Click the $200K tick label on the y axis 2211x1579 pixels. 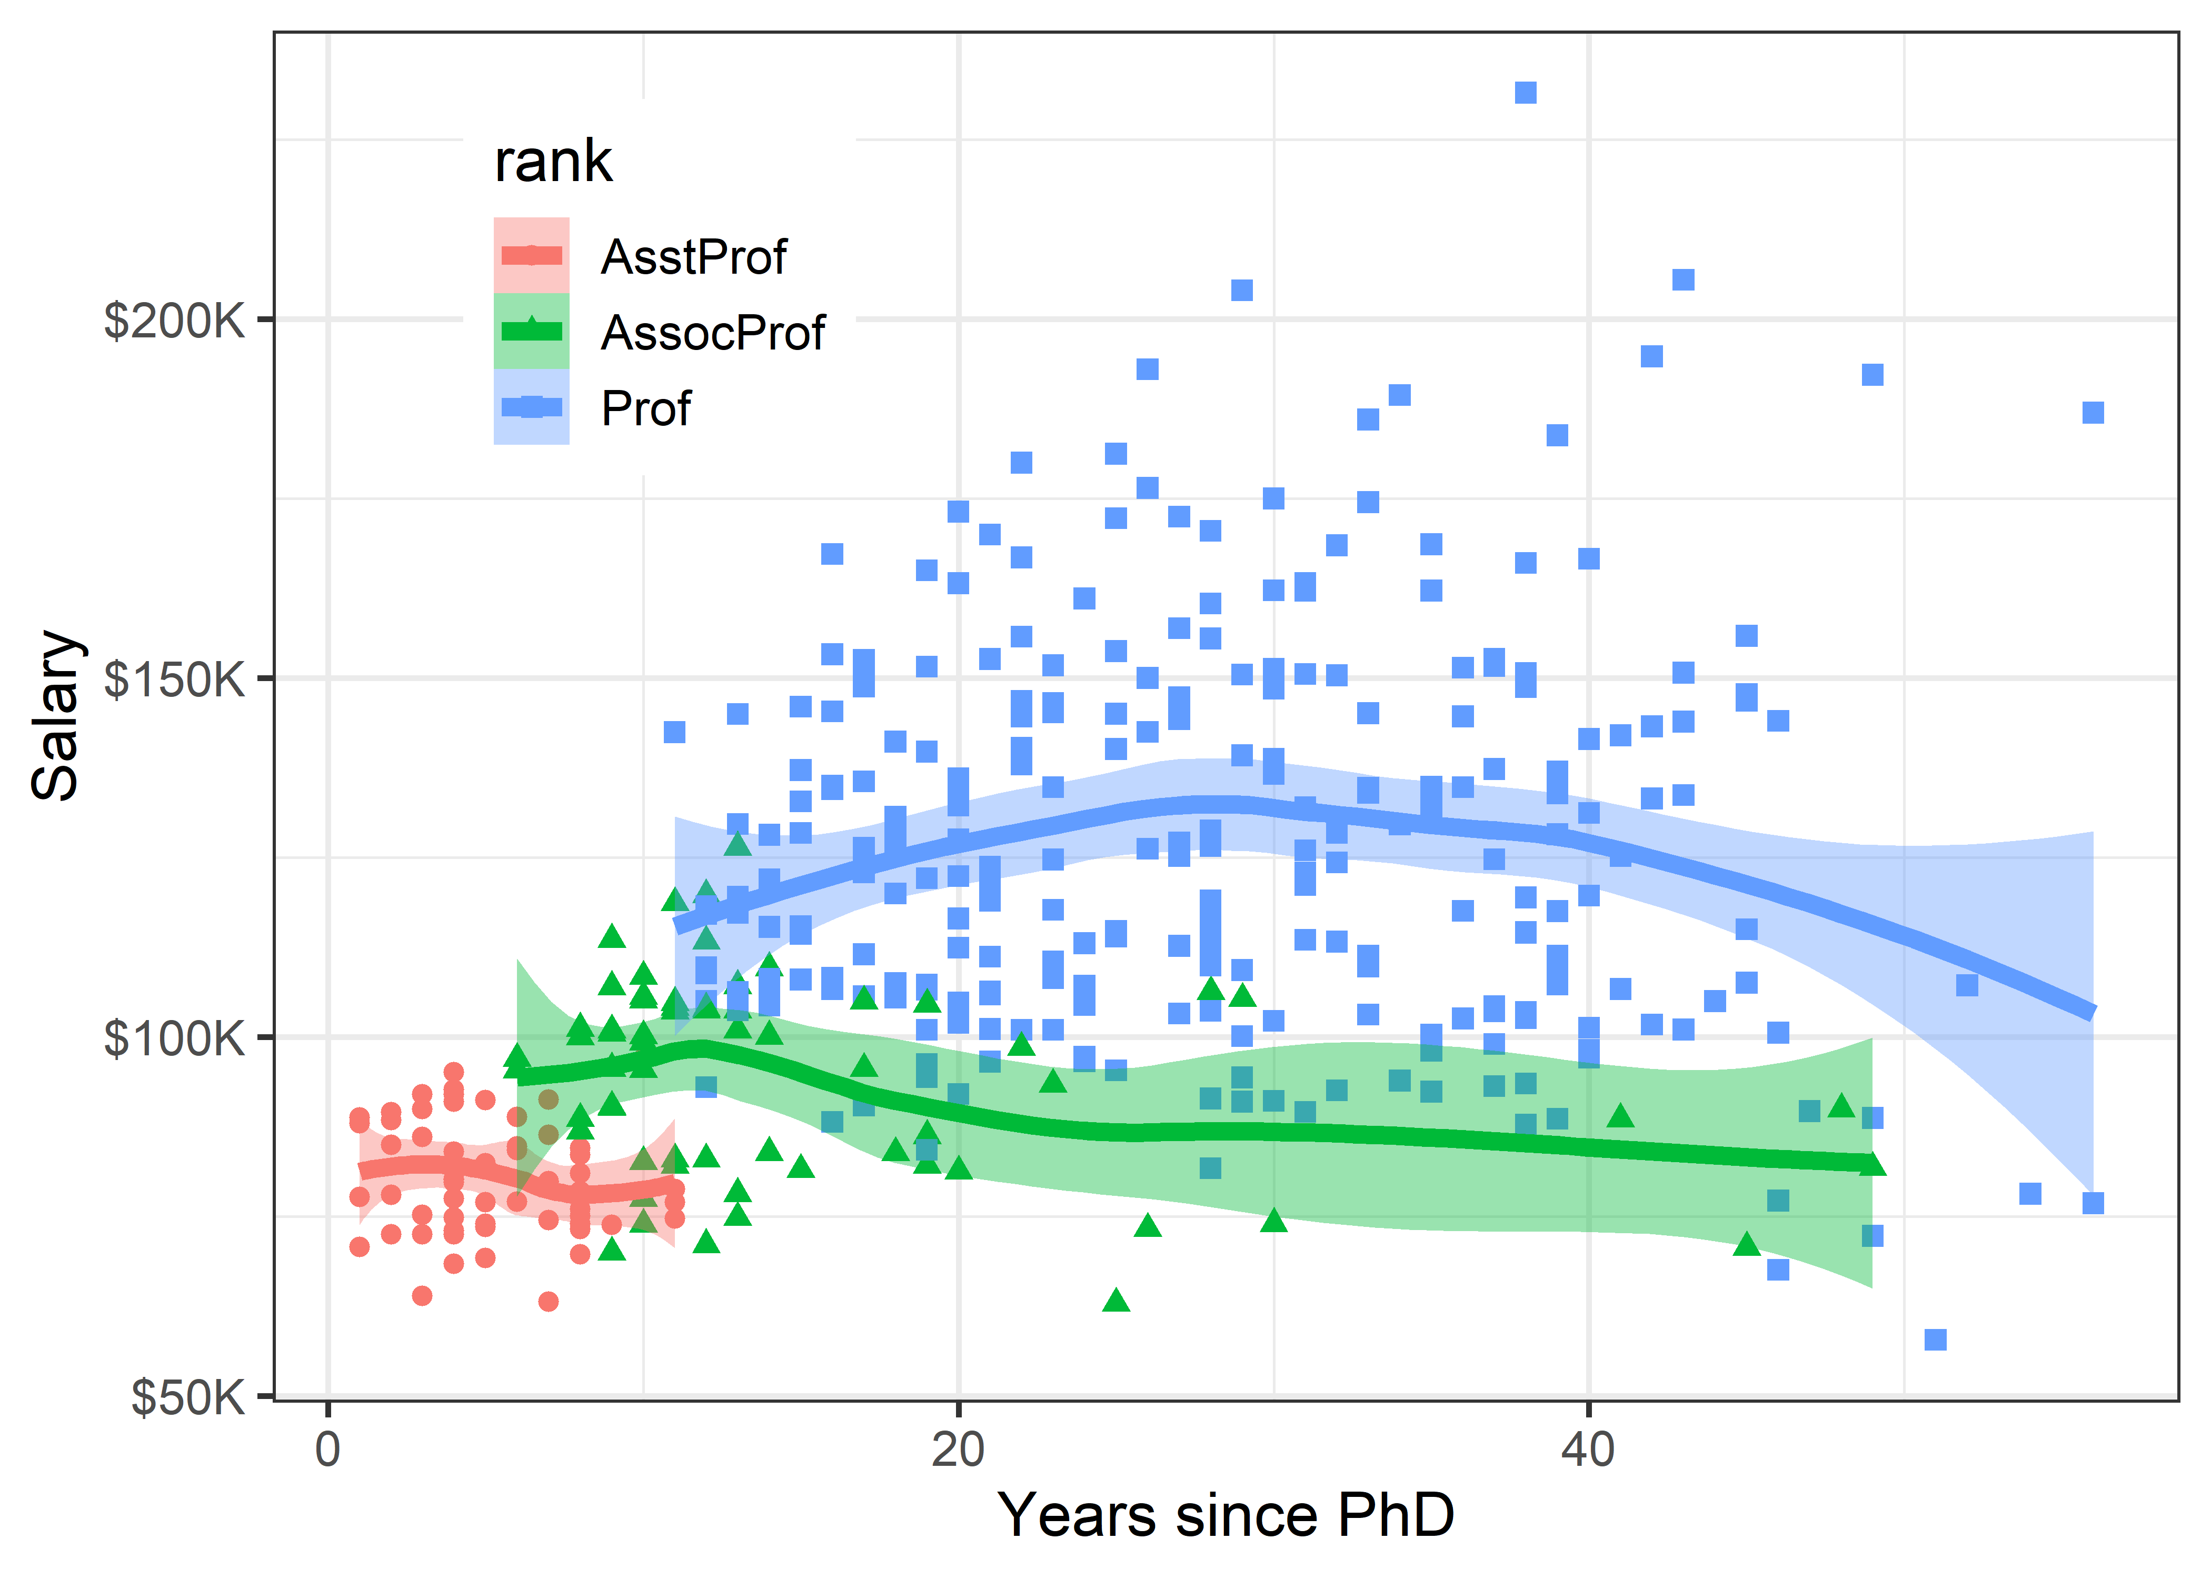pos(174,321)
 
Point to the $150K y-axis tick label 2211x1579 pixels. pos(174,679)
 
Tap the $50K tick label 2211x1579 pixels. pos(187,1398)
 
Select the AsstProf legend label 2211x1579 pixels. pos(693,257)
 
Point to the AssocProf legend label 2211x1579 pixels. pos(713,333)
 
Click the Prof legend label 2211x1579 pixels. pos(645,408)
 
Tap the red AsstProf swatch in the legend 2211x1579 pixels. pos(531,256)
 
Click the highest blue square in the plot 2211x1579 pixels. pos(1526,92)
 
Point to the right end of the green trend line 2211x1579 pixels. pos(1871,1163)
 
